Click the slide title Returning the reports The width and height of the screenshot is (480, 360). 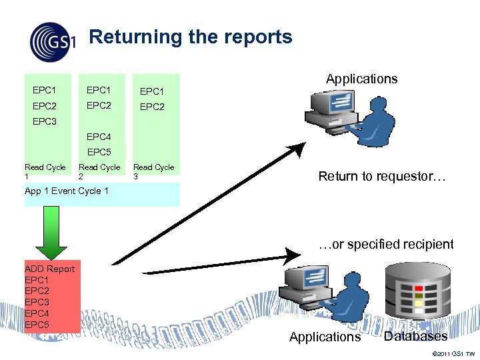(x=191, y=37)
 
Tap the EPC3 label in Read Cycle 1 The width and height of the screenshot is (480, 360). (x=45, y=121)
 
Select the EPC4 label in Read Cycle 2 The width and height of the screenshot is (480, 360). (x=99, y=137)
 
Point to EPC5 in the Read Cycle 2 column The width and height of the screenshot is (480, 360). (x=99, y=152)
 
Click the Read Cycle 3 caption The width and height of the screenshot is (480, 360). (x=153, y=171)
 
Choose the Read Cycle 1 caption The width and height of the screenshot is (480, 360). (x=45, y=171)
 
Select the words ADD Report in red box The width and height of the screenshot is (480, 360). (x=49, y=269)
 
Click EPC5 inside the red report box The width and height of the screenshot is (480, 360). (x=37, y=324)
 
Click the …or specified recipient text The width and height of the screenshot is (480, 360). (x=386, y=244)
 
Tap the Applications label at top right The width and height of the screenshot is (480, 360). (x=361, y=79)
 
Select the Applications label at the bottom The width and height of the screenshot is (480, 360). (x=325, y=337)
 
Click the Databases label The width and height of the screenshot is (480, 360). (x=415, y=336)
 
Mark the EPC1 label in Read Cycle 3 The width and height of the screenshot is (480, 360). (x=151, y=91)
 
